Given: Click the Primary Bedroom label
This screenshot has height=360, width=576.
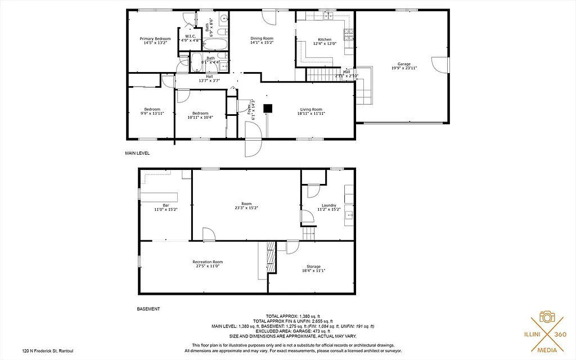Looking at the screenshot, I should (x=155, y=39).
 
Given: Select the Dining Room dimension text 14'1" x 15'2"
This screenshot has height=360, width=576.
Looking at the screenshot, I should (x=262, y=42).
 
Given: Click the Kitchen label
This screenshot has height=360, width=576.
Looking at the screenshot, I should (x=325, y=39).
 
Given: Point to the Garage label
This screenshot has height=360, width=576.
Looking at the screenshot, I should (x=404, y=64).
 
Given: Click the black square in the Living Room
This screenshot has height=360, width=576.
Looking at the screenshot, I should (x=268, y=108).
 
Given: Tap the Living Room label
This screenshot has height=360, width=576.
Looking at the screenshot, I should (x=310, y=109).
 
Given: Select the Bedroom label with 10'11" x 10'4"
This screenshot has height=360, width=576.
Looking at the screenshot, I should (x=200, y=113).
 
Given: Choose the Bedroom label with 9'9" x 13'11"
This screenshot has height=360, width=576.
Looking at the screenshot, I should (x=152, y=109).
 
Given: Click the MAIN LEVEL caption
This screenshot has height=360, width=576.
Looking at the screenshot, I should (x=137, y=153).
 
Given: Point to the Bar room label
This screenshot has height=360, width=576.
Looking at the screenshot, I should (x=166, y=205).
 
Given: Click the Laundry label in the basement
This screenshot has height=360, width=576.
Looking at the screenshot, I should (x=329, y=205).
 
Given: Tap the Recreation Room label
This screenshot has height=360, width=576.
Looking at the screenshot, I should (x=208, y=262).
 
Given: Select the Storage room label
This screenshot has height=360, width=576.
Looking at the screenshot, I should (x=313, y=266).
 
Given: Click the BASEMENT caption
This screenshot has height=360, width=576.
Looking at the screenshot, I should (x=148, y=309).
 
